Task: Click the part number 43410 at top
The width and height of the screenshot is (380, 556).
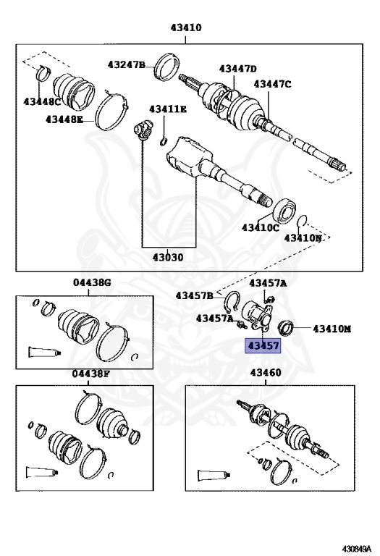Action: (x=186, y=28)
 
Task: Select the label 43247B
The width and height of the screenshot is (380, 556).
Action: (x=127, y=65)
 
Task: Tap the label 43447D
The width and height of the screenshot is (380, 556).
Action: (x=238, y=69)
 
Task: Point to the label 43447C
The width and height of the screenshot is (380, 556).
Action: (x=272, y=85)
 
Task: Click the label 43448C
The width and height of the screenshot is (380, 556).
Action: (x=43, y=102)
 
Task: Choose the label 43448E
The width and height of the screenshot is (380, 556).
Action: (x=64, y=119)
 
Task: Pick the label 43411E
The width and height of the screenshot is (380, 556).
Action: (x=168, y=109)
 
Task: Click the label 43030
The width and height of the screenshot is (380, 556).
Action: (x=168, y=257)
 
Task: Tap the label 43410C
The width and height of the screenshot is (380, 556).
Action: (x=261, y=227)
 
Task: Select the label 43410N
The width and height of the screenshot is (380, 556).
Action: (x=303, y=238)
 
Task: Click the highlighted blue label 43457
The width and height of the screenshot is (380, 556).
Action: (x=263, y=345)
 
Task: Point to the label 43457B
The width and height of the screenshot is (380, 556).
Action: (x=195, y=295)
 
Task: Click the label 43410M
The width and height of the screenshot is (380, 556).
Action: (x=332, y=329)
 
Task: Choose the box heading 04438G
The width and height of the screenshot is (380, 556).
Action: (x=92, y=282)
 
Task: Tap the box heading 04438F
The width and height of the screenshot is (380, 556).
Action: (x=91, y=374)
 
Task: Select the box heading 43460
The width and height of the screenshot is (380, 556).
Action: (x=266, y=373)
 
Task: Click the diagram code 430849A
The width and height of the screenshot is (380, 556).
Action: (x=357, y=548)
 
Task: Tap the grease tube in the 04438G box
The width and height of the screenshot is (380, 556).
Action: (x=45, y=352)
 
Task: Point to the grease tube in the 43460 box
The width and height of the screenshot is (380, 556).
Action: (x=214, y=475)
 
